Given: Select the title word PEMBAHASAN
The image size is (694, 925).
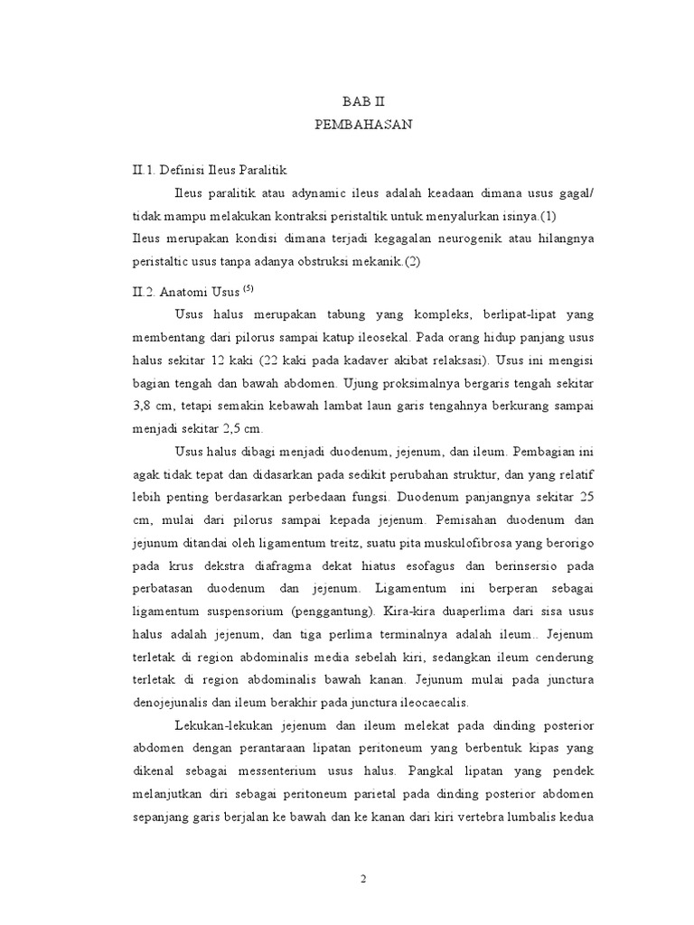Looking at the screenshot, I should click(x=364, y=126).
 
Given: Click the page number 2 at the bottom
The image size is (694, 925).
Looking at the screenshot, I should click(x=363, y=881).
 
